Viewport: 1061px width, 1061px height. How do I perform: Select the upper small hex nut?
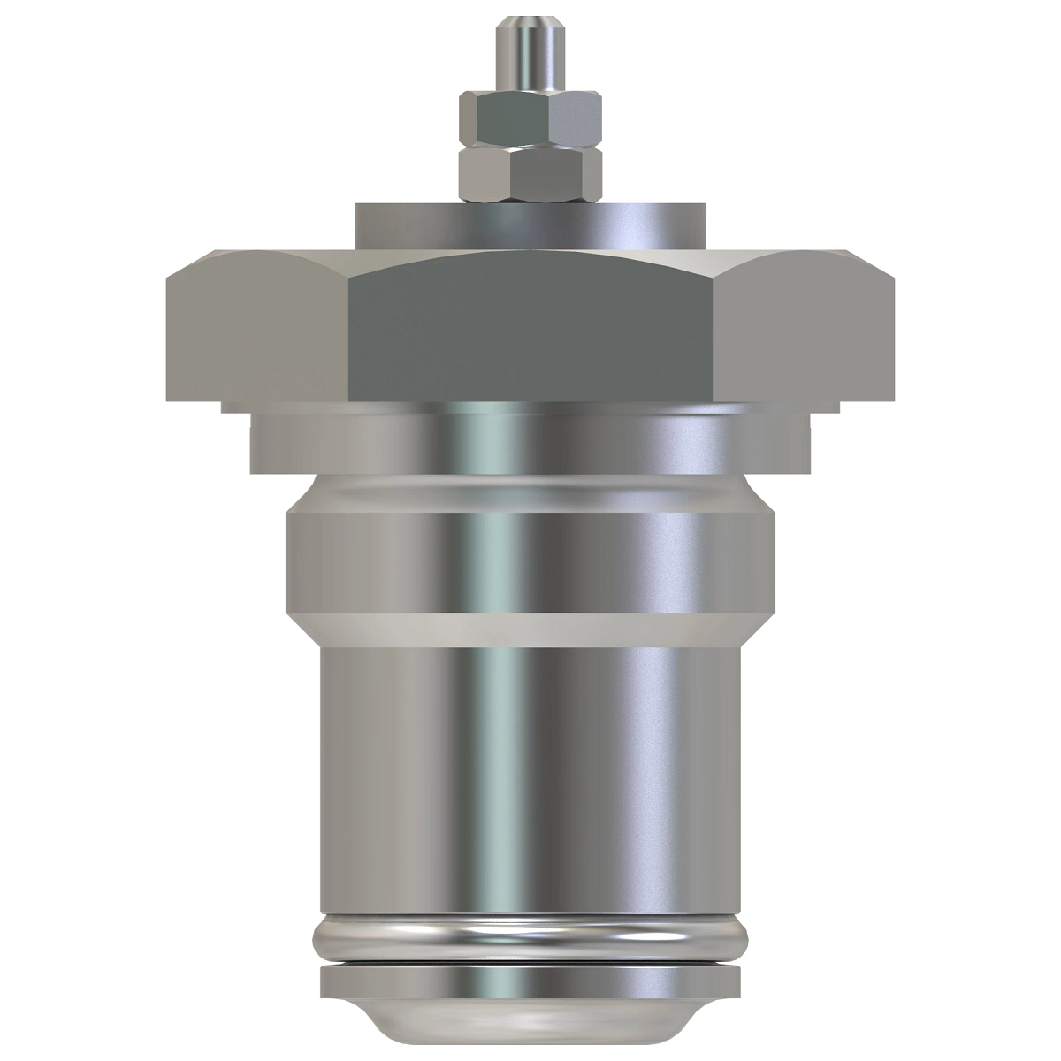529,118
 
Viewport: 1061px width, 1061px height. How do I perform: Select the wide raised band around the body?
530,548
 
